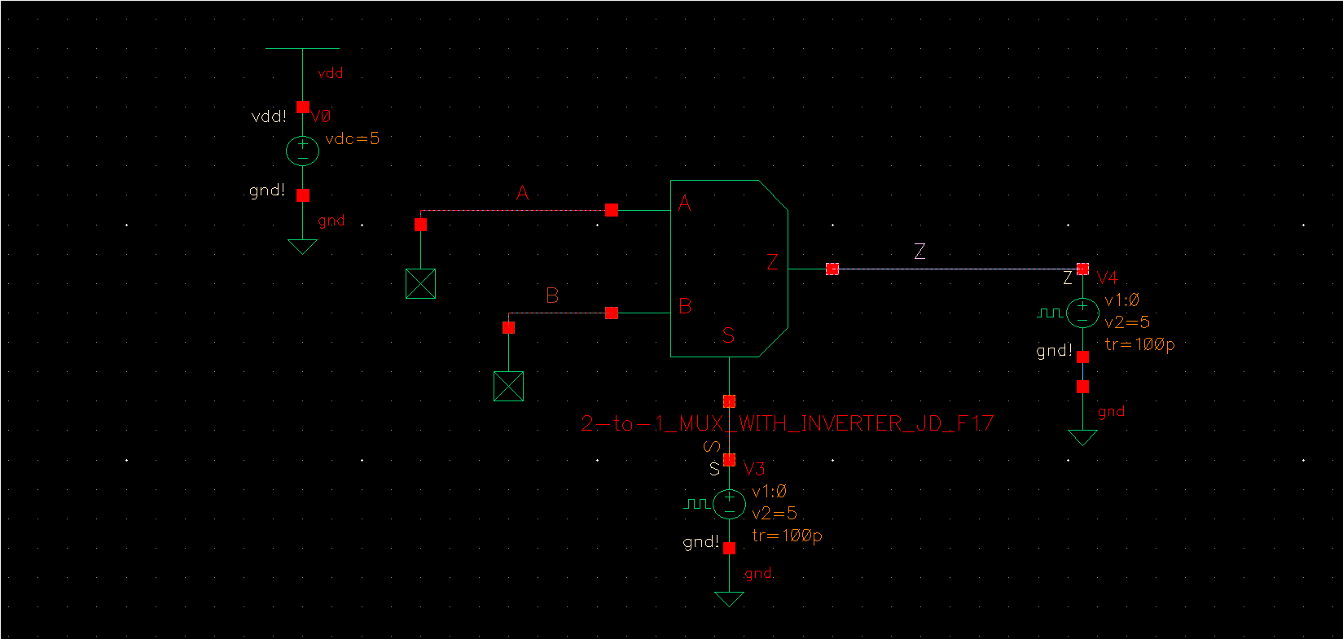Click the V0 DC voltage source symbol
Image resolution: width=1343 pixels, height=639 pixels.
coord(302,151)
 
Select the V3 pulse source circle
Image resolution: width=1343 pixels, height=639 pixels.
coord(729,504)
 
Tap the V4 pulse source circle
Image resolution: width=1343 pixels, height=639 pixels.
coord(1082,313)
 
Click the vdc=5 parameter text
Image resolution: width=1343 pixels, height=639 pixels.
coord(352,138)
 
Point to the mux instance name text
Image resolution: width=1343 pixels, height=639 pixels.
coord(787,423)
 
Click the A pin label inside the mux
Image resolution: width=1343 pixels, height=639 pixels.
coord(684,203)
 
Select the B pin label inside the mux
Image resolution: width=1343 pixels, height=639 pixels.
coord(685,306)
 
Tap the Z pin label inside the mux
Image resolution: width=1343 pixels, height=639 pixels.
coord(772,262)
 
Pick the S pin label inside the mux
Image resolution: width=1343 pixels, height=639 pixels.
coord(728,335)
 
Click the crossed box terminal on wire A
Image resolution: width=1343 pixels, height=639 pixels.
coord(420,283)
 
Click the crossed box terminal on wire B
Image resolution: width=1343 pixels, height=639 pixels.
coord(508,386)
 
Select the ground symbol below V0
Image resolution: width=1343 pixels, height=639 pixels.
coord(302,246)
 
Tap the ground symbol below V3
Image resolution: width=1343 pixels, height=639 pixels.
coord(729,599)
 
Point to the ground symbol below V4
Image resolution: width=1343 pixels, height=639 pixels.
coord(1082,438)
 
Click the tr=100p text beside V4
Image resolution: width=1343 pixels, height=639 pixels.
coord(1139,344)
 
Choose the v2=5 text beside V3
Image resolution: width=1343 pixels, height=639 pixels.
coord(775,514)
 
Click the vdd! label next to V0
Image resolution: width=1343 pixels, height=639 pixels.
coord(269,116)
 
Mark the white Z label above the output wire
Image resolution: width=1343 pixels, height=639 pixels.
coord(919,251)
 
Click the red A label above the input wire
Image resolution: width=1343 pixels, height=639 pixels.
coord(523,193)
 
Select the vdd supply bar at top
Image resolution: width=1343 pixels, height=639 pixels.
coord(302,48)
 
